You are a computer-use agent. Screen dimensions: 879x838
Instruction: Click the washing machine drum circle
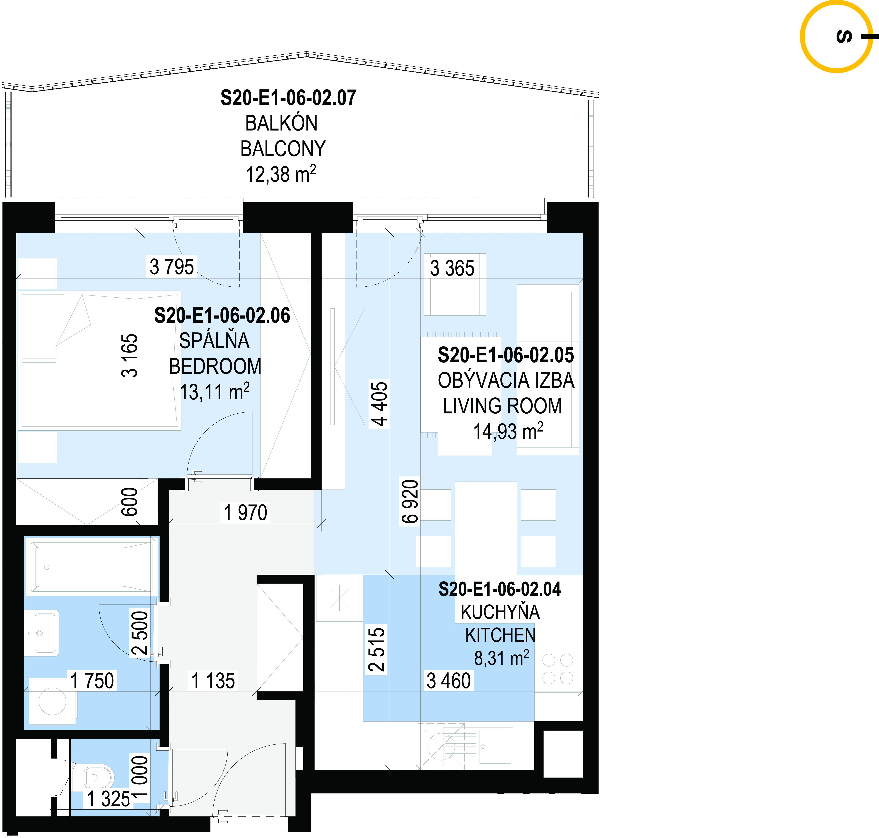53,701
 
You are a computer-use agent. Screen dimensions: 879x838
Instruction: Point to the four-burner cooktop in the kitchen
558,669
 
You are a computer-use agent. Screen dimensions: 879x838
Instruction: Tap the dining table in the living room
486,528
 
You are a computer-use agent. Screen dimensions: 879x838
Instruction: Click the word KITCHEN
501,635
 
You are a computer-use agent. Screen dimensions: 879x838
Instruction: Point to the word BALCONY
283,149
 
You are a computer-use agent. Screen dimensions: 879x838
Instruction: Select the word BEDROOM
215,366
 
